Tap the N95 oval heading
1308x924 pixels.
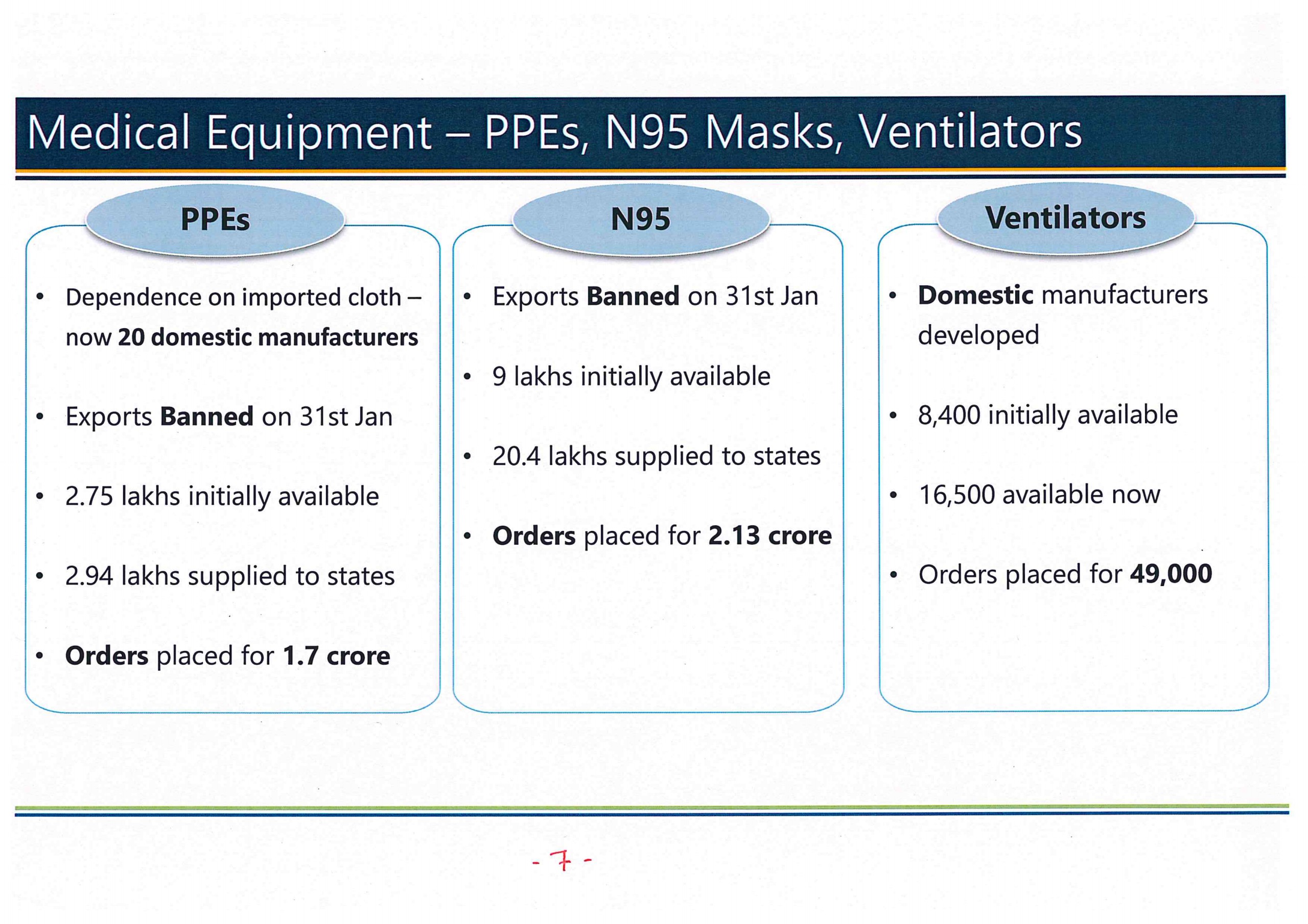[641, 219]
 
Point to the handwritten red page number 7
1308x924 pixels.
[564, 860]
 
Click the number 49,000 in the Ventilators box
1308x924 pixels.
[1171, 574]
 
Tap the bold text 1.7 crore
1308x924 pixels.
[336, 655]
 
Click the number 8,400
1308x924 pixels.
[949, 415]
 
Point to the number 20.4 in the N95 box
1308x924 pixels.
[516, 456]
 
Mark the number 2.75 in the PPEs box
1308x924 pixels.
[89, 496]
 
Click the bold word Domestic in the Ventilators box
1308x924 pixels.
[975, 295]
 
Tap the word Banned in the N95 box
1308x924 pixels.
[633, 296]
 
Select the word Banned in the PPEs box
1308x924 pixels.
[207, 416]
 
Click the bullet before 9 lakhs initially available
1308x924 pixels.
[467, 376]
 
